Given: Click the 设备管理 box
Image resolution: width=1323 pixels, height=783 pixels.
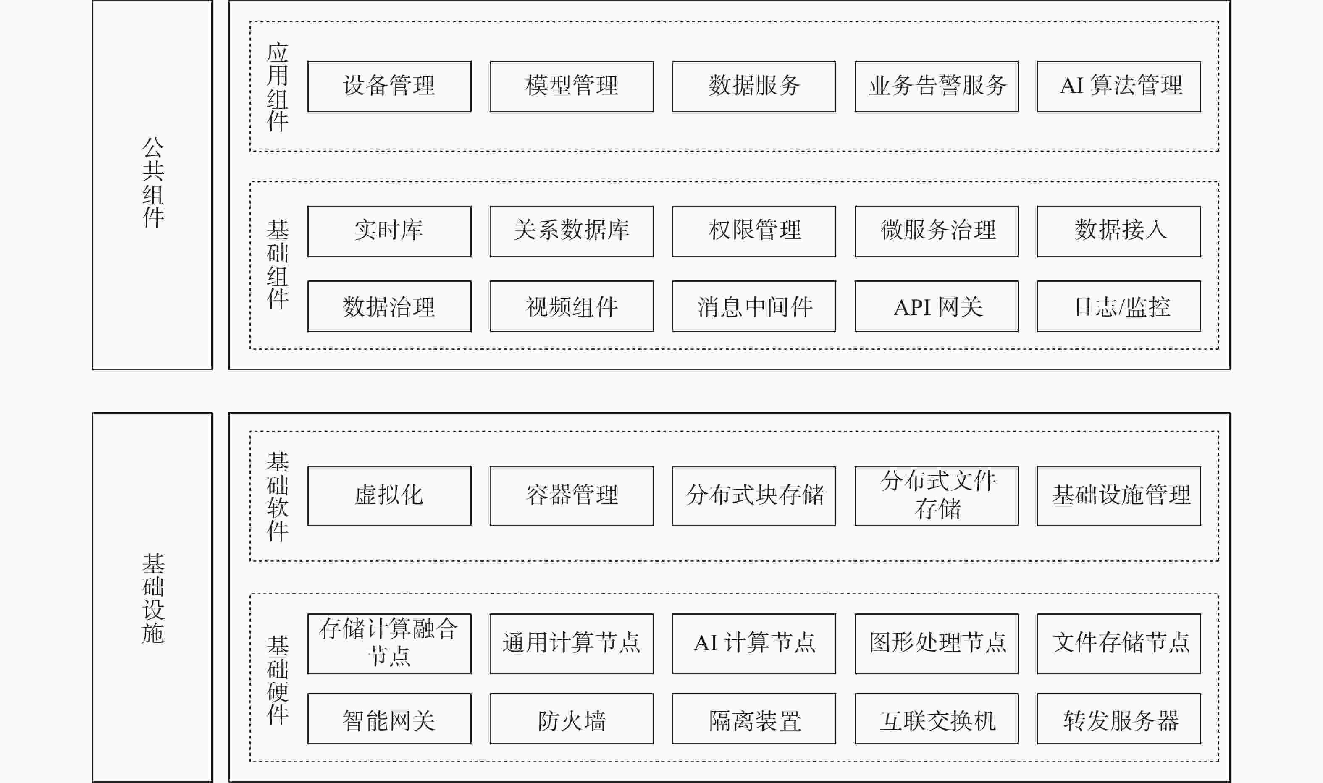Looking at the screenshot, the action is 389,86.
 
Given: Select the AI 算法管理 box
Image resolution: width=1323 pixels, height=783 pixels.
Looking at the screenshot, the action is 1119,86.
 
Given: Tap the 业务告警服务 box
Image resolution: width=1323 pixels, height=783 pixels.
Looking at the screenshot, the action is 937,86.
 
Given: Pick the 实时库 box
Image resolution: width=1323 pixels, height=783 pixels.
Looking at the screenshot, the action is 389,232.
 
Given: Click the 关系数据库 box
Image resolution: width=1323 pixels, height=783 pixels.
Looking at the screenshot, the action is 572,232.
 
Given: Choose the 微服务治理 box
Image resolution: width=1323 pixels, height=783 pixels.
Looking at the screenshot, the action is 937,232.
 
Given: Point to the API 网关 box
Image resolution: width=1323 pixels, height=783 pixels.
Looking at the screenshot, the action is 937,306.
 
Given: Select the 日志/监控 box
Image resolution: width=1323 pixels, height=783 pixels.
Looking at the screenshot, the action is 1119,306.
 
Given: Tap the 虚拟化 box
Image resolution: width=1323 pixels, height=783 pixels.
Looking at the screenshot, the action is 389,496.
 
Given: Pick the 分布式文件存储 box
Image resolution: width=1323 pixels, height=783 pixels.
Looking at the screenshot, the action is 937,496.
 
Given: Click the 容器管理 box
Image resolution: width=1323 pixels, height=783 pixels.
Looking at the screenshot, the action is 572,496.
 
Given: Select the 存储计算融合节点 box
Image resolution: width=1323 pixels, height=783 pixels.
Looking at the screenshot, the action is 389,644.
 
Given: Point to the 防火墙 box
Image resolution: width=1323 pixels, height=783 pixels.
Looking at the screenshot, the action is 572,719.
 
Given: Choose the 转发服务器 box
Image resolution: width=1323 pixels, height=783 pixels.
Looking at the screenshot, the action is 1119,719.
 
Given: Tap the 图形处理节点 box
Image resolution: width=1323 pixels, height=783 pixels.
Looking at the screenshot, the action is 937,644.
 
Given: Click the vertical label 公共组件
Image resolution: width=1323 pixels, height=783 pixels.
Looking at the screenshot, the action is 153,182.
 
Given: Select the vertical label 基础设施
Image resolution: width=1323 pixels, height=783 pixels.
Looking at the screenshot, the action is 153,598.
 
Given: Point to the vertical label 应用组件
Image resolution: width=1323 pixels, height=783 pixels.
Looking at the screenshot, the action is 278,87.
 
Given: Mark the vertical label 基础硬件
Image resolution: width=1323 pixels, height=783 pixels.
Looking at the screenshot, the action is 278,680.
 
